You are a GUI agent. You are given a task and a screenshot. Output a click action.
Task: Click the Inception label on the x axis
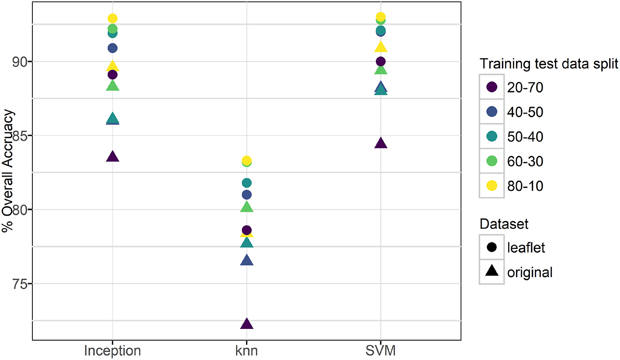click(112, 351)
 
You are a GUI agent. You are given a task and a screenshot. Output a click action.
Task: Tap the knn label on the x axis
click(247, 351)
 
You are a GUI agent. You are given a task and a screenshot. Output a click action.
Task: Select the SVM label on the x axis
click(380, 351)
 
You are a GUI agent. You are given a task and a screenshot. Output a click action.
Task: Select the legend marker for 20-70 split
click(491, 87)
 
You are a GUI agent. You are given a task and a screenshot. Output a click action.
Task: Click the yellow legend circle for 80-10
click(491, 186)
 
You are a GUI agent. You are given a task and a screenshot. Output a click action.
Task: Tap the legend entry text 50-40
click(525, 137)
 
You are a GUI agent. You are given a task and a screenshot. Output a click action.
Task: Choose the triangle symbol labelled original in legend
click(491, 272)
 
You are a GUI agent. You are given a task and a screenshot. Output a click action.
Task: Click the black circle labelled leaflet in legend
click(491, 248)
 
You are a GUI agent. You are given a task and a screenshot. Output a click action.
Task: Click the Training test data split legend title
click(548, 64)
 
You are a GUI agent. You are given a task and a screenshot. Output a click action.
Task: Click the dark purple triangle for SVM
click(380, 143)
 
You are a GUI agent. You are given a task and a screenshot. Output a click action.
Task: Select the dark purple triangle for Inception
click(112, 157)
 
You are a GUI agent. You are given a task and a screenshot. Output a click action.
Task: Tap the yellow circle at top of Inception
click(112, 18)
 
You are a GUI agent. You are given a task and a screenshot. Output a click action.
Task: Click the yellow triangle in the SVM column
click(380, 47)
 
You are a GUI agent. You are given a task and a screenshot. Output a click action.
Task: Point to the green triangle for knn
click(247, 207)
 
